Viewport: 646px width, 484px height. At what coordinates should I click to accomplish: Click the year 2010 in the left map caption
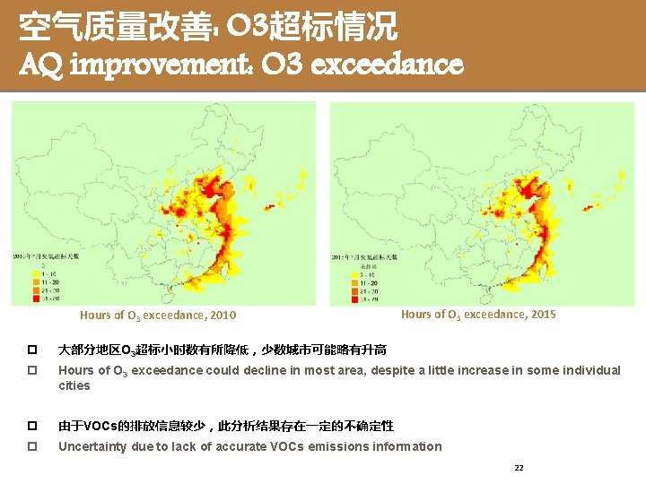point(223,315)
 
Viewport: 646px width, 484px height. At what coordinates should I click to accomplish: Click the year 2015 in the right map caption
point(542,315)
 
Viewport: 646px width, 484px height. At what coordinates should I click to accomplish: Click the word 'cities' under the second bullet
point(74,385)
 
